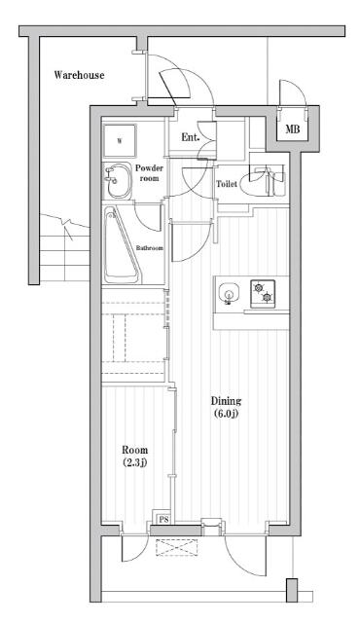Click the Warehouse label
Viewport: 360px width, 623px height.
(x=79, y=75)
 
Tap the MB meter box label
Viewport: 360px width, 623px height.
(x=293, y=129)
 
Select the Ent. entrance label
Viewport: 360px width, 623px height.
(x=190, y=137)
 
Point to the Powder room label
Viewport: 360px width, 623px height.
(x=149, y=173)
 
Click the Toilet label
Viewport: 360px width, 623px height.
(x=227, y=184)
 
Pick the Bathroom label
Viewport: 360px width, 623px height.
(x=150, y=248)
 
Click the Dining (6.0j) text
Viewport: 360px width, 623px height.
(x=226, y=407)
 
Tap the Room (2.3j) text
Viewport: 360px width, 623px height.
(x=134, y=456)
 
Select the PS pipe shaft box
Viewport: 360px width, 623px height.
(x=162, y=518)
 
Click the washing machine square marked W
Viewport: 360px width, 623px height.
(x=120, y=140)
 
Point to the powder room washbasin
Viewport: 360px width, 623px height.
(x=118, y=181)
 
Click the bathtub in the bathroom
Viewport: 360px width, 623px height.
(x=121, y=244)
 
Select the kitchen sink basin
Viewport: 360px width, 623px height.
(x=229, y=294)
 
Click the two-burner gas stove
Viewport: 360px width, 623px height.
(x=263, y=292)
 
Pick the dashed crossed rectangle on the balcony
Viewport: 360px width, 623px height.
(x=177, y=547)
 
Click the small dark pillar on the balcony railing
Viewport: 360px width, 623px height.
(x=292, y=591)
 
